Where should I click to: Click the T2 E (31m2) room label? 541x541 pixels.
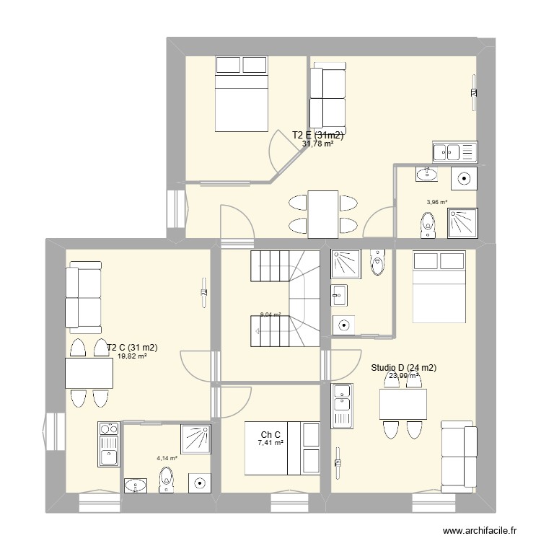(x=317, y=135)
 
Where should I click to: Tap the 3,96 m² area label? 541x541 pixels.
(x=436, y=203)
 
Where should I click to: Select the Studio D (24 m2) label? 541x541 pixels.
(x=404, y=367)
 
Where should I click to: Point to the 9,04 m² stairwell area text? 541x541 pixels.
(x=270, y=315)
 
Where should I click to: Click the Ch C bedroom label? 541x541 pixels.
(x=270, y=434)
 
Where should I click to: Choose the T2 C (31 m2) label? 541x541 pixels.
(x=132, y=347)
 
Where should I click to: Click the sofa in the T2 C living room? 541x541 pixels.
(x=82, y=297)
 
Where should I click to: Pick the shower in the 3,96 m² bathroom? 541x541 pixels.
(x=462, y=223)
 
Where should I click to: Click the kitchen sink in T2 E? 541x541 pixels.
(x=454, y=151)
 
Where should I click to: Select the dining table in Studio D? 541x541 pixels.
(x=403, y=404)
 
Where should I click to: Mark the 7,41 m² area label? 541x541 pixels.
(x=270, y=444)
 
